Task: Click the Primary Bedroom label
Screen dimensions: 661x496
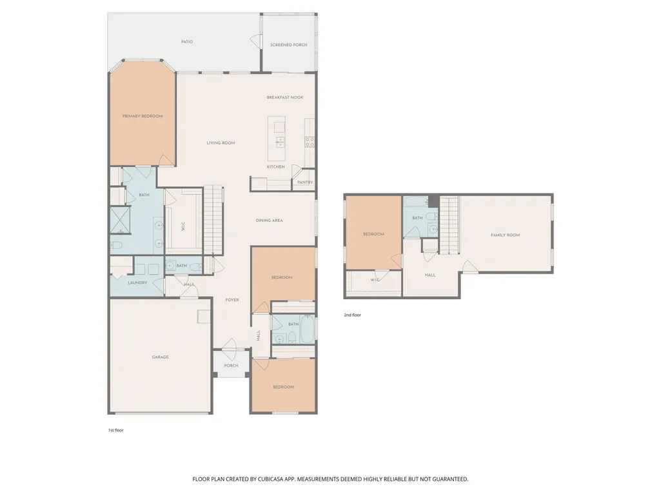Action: [x=143, y=116]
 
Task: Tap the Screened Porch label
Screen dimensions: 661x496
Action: [x=289, y=45]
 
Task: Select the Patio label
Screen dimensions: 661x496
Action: [x=187, y=42]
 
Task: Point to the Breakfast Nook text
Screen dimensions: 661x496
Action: [x=285, y=97]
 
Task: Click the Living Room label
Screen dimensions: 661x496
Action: [x=221, y=143]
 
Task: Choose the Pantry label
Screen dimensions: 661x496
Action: [x=305, y=183]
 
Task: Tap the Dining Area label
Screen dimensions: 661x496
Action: [x=270, y=221]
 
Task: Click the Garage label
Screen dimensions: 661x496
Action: [x=160, y=357]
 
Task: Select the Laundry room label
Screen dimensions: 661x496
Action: [x=137, y=283]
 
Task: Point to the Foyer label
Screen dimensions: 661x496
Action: [x=232, y=300]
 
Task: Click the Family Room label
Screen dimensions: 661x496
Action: [x=506, y=235]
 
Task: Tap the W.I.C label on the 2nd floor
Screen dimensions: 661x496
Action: [x=375, y=280]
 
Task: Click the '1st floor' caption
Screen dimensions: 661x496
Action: [x=116, y=430]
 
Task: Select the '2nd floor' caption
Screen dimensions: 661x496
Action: [x=352, y=315]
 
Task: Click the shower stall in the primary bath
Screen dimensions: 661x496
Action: [x=120, y=220]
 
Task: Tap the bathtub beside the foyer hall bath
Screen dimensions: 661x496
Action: [x=306, y=329]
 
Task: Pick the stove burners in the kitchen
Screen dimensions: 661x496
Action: [x=310, y=142]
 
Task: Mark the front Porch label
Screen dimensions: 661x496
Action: [x=232, y=366]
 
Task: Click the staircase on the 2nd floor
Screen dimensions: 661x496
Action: [x=449, y=225]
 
